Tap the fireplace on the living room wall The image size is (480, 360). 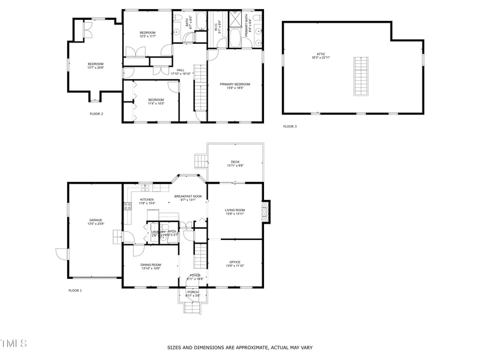pyautogui.click(x=267, y=211)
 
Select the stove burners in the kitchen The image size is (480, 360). pyautogui.click(x=127, y=208)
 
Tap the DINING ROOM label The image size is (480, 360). pyautogui.click(x=151, y=266)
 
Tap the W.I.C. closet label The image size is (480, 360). pyautogui.click(x=220, y=25)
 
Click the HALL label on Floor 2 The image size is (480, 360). pyautogui.click(x=181, y=71)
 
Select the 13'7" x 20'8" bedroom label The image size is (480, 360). pyautogui.click(x=95, y=66)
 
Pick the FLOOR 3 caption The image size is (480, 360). pyautogui.click(x=290, y=127)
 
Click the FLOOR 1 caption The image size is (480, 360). pyautogui.click(x=75, y=290)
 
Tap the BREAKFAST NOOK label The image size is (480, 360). pyautogui.click(x=188, y=198)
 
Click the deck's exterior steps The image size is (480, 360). pyautogui.click(x=200, y=160)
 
